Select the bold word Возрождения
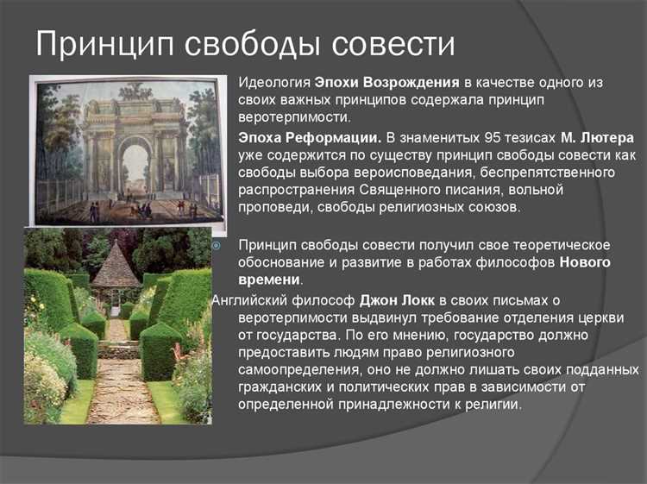click(405, 83)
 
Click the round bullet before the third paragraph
click(217, 245)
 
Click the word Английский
click(250, 299)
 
